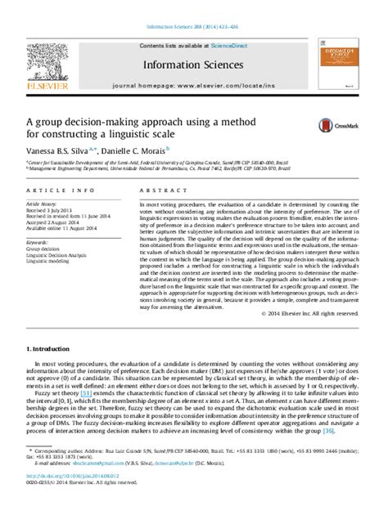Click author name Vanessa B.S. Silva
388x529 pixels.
click(62, 150)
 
